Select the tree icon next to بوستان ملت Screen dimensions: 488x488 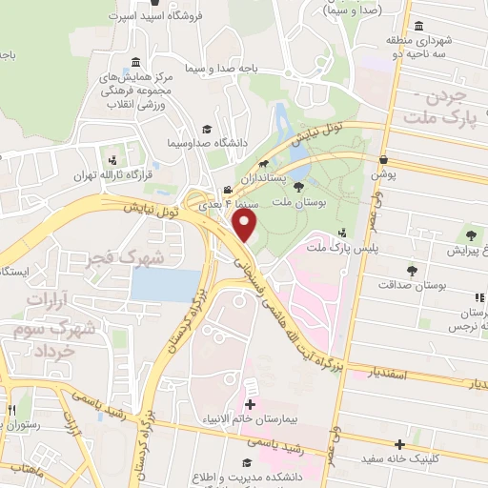pyautogui.click(x=298, y=187)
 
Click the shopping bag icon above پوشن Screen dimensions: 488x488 pyautogui.click(x=382, y=159)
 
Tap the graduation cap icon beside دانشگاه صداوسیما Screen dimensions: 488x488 pyautogui.click(x=205, y=131)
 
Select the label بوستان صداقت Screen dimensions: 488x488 pyautogui.click(x=412, y=284)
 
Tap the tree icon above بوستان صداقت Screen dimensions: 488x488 pyautogui.click(x=412, y=270)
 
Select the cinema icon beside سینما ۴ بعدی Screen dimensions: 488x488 pyautogui.click(x=227, y=189)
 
